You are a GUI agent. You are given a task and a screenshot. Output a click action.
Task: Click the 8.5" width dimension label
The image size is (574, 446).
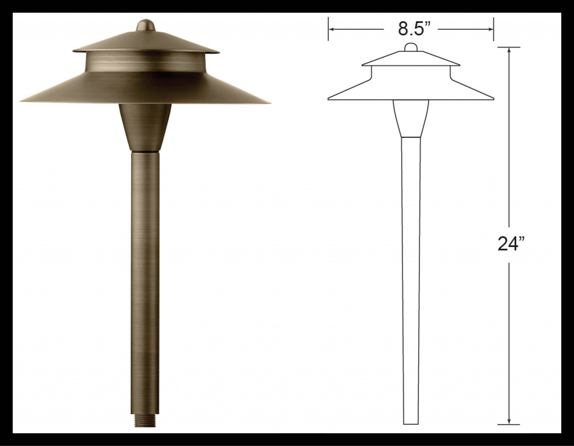pyautogui.click(x=411, y=29)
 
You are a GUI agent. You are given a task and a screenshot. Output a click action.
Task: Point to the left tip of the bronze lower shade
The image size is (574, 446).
pyautogui.click(x=20, y=101)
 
